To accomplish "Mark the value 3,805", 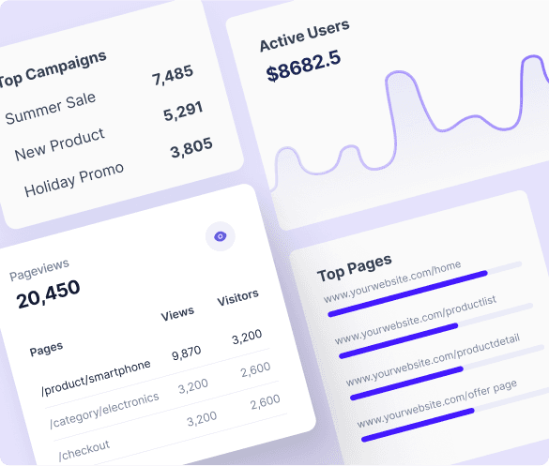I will point(191,148).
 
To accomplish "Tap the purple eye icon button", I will point(221,236).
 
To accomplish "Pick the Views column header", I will point(177,313).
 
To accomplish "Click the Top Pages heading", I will point(354,267).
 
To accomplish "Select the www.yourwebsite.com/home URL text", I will point(392,282).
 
